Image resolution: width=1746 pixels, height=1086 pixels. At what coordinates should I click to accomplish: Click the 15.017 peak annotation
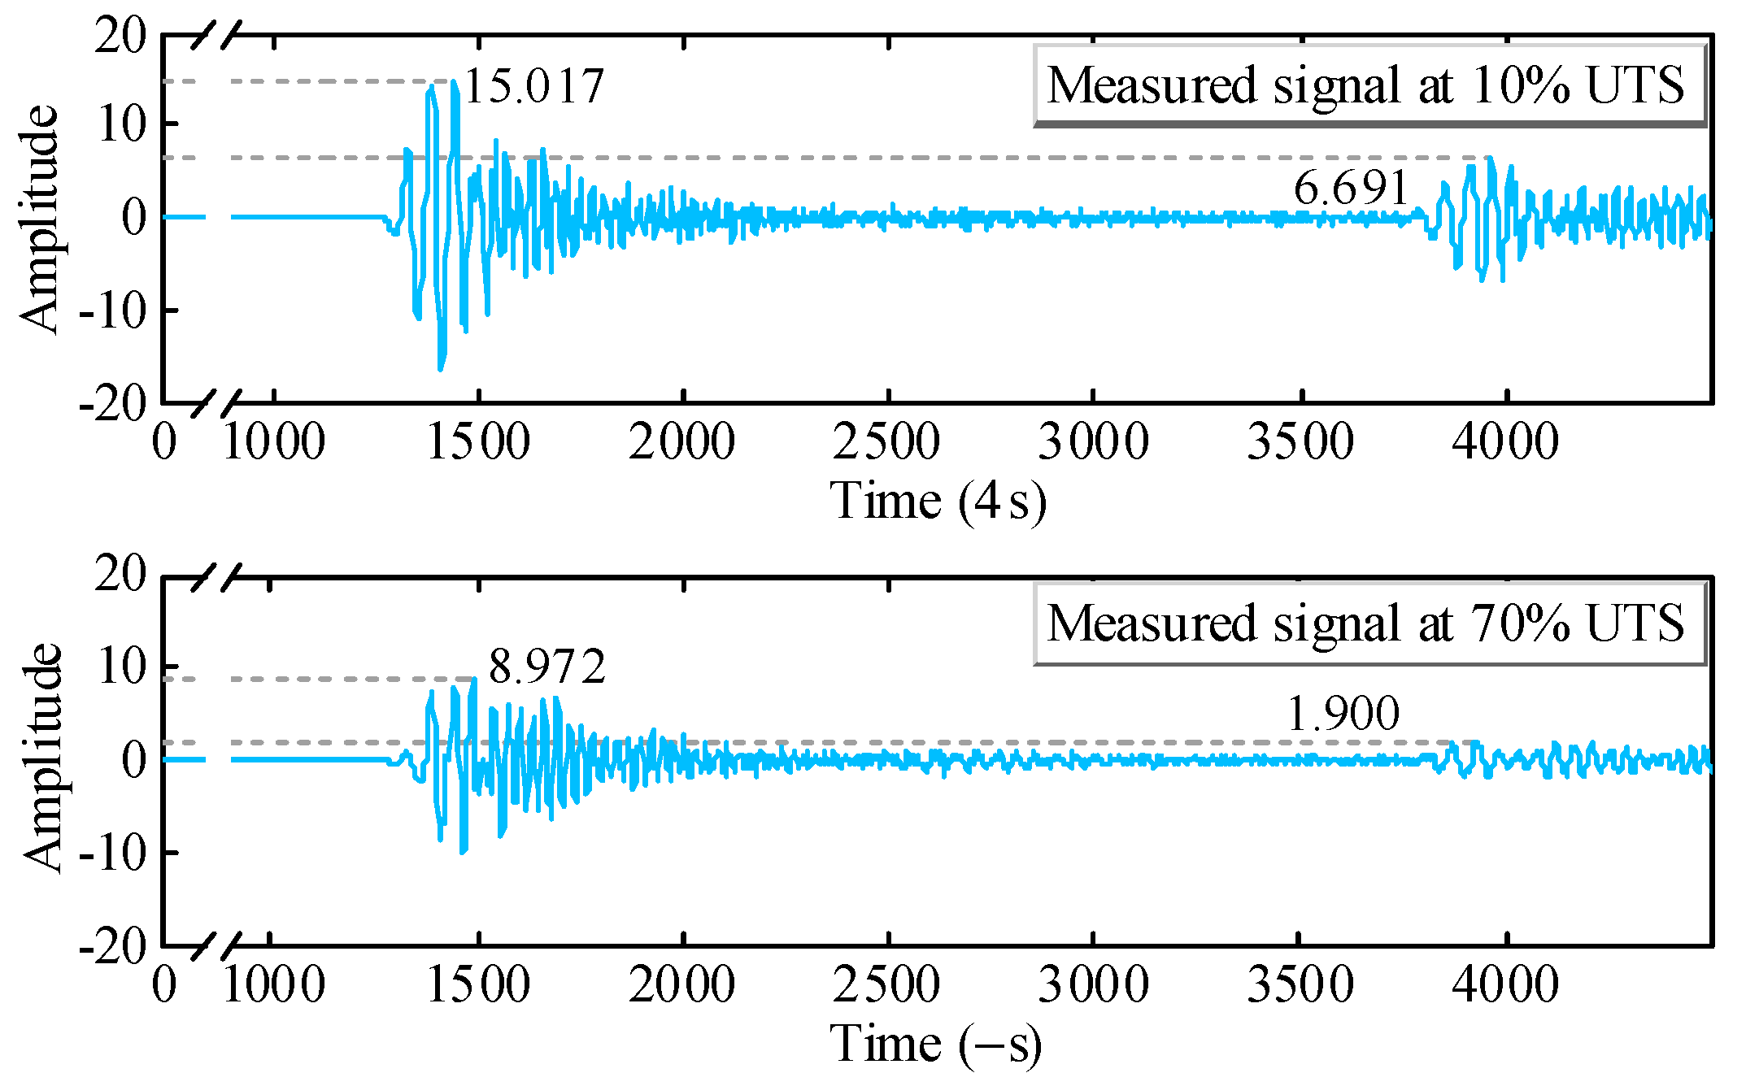pyautogui.click(x=533, y=85)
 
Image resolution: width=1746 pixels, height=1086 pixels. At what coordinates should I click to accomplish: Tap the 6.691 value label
pyautogui.click(x=1351, y=188)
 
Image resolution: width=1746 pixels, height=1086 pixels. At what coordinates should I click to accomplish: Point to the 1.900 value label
pyautogui.click(x=1343, y=714)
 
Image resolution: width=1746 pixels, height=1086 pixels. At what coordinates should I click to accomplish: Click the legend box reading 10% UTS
pyautogui.click(x=1369, y=86)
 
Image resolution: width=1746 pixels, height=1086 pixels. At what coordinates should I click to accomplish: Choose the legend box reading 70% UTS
pyautogui.click(x=1369, y=623)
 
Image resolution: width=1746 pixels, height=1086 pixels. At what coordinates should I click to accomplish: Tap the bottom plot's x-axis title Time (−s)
pyautogui.click(x=935, y=1044)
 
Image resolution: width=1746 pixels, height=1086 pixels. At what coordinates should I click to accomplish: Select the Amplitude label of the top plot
pyautogui.click(x=39, y=219)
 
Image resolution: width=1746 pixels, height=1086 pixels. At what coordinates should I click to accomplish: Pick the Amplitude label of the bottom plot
pyautogui.click(x=41, y=758)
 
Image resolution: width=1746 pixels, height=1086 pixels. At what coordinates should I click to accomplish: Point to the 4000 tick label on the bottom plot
pyautogui.click(x=1505, y=985)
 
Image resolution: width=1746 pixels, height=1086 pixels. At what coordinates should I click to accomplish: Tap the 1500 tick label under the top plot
pyautogui.click(x=478, y=443)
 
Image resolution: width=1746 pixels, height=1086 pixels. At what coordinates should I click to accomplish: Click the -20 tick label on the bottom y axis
pyautogui.click(x=112, y=946)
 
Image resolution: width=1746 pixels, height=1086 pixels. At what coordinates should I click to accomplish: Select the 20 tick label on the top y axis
pyautogui.click(x=120, y=37)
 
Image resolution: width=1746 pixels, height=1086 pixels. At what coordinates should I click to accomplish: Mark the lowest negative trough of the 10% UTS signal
pyautogui.click(x=441, y=368)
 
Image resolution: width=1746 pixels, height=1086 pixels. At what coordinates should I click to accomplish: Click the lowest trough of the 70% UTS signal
pyautogui.click(x=463, y=851)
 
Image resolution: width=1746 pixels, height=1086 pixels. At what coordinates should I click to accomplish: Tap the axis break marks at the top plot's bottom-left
pyautogui.click(x=216, y=403)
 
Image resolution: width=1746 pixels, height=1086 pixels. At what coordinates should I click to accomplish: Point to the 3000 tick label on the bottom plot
pyautogui.click(x=1093, y=985)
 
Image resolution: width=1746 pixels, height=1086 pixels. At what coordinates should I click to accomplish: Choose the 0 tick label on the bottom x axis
pyautogui.click(x=164, y=985)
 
